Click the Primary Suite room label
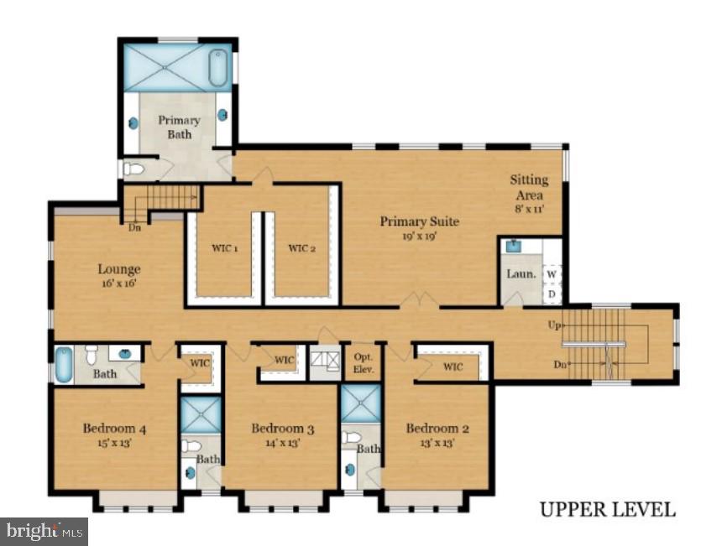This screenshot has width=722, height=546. tap(420, 221)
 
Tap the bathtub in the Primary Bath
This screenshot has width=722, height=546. tap(217, 68)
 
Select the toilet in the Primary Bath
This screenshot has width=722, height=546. tap(134, 169)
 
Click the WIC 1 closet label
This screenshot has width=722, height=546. tap(225, 248)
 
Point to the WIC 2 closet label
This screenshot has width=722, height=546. tap(302, 248)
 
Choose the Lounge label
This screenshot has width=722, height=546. tap(119, 269)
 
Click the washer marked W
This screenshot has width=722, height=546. tap(552, 274)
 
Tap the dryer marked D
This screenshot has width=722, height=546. tap(552, 294)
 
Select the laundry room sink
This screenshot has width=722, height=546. tap(514, 246)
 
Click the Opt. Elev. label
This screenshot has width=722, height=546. tap(364, 363)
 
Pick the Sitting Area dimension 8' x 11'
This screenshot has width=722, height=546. tap(530, 209)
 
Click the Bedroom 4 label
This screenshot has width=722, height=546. tap(115, 429)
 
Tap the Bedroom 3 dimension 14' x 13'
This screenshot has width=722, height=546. tap(283, 443)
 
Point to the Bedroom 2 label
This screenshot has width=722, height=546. tap(437, 429)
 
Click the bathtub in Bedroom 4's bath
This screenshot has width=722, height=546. tap(64, 365)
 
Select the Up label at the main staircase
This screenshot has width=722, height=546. tap(554, 325)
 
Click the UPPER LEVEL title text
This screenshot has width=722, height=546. tap(608, 510)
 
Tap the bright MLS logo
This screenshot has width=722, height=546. tap(44, 532)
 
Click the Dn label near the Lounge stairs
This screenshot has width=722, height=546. tap(134, 227)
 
